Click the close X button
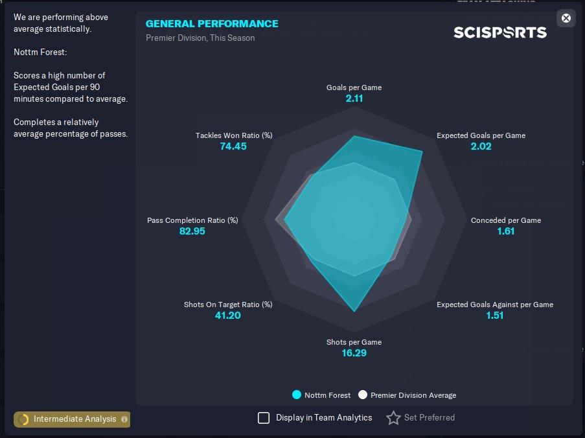566,18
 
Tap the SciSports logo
500,32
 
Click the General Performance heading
212,23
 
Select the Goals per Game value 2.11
354,98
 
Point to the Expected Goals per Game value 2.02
481,146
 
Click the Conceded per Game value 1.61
506,231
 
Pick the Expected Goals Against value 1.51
495,316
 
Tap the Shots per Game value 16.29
354,353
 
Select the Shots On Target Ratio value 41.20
228,316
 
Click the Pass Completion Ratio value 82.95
192,231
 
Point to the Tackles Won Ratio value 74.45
233,146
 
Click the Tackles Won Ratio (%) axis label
234,135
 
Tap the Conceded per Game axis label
506,220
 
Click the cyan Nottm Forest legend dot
297,395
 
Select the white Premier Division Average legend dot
363,395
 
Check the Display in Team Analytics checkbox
264,418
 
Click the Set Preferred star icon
393,418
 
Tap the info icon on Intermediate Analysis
124,419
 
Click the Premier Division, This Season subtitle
200,38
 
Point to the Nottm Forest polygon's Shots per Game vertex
354,311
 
